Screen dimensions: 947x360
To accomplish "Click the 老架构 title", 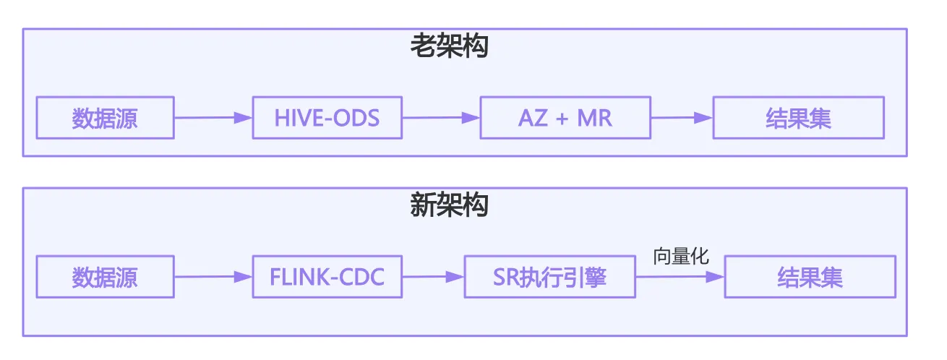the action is coord(450,46).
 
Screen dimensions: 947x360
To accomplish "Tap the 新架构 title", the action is coord(450,205).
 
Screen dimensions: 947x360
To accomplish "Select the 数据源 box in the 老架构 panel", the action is coord(106,117).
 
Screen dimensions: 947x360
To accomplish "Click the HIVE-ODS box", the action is coord(327,117).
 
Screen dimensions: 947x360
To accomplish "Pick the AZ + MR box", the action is coord(565,117).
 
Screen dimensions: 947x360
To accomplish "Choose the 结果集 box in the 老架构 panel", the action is coord(799,117).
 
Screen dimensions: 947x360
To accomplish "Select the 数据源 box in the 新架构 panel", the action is coord(106,277).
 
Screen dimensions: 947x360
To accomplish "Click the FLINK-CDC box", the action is coord(327,277).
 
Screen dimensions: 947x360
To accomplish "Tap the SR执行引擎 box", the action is coord(550,277).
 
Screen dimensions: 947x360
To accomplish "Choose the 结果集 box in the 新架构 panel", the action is coord(810,277).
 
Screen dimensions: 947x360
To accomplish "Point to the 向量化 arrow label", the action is coord(681,257).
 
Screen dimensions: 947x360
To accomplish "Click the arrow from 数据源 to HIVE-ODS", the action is coord(213,117).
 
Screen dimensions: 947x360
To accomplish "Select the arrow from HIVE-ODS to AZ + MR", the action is coord(441,117).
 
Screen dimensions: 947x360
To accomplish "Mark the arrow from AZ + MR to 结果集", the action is coord(682,117).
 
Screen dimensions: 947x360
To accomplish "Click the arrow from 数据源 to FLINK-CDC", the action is coord(213,277).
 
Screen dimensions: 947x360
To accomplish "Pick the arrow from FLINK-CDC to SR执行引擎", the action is coord(433,277).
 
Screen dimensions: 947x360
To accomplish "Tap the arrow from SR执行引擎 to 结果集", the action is coord(680,277).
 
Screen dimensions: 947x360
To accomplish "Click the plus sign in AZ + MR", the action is coord(562,119).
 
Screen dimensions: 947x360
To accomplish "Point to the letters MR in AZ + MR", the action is coord(594,118).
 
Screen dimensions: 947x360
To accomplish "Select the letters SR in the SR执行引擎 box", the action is coord(505,277).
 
